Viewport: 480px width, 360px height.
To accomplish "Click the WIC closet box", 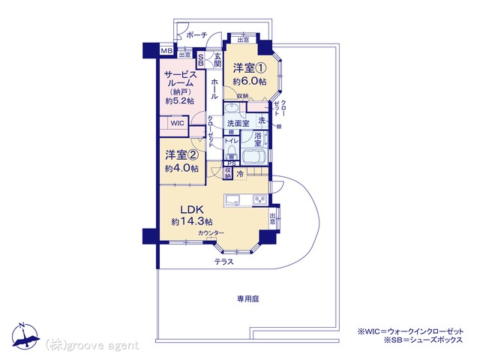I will pyautogui.click(x=177, y=123).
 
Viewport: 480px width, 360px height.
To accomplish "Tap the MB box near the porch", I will pyautogui.click(x=167, y=51).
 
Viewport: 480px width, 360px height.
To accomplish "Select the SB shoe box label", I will pyautogui.click(x=201, y=61).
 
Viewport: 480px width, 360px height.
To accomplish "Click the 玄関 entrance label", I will pyautogui.click(x=217, y=60).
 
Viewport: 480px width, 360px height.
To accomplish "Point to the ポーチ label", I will pyautogui.click(x=196, y=35).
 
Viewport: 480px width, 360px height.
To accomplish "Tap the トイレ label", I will pyautogui.click(x=232, y=139).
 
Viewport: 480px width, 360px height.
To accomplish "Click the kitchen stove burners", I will pyautogui.click(x=259, y=199).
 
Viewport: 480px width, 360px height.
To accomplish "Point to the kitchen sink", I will pyautogui.click(x=233, y=199).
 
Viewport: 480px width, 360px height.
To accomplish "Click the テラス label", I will pyautogui.click(x=223, y=262).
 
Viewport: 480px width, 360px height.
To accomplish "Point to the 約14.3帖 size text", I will pyautogui.click(x=192, y=223).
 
